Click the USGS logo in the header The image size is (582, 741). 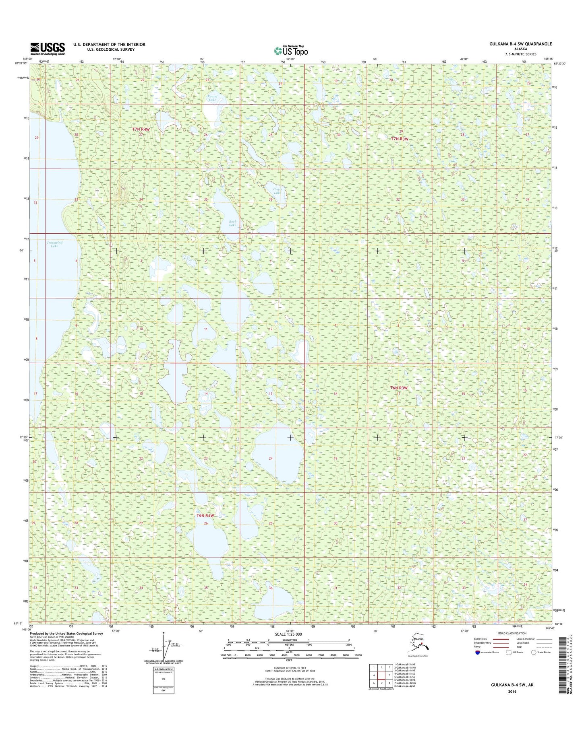click(x=48, y=49)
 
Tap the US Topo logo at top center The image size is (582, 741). click(x=291, y=51)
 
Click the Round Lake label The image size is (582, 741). click(x=212, y=98)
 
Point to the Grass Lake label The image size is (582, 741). click(x=278, y=191)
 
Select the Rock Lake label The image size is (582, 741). click(x=233, y=223)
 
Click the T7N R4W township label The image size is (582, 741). click(x=141, y=129)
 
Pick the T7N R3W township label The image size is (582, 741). click(x=400, y=139)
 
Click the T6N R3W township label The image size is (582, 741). click(x=399, y=388)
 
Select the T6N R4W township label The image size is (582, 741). click(x=205, y=515)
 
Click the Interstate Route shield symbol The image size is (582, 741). click(x=478, y=652)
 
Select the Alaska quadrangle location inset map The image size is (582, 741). click(x=420, y=645)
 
